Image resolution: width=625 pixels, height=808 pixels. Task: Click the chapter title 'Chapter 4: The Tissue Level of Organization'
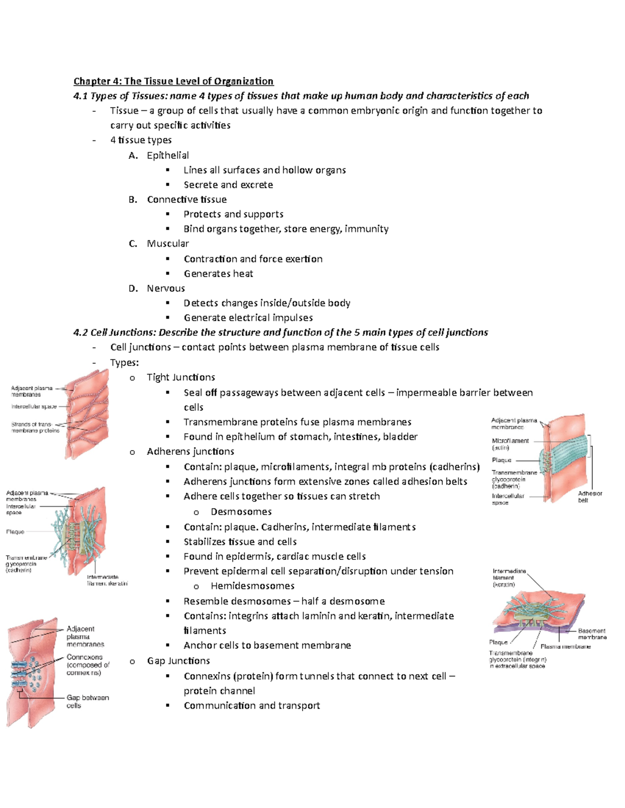coord(173,81)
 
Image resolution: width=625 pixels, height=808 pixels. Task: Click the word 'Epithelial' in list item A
coord(168,155)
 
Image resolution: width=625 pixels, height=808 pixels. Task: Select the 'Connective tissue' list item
coord(186,199)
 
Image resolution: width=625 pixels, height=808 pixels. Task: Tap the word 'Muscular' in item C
coord(168,243)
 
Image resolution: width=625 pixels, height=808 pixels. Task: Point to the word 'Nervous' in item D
coord(166,288)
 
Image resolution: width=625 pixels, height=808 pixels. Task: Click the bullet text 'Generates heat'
coord(218,274)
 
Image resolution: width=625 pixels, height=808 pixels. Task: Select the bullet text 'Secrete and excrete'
coord(228,185)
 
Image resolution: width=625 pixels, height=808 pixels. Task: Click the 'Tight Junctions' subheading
coord(181,377)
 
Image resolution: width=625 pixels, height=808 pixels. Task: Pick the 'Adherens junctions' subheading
coord(190,451)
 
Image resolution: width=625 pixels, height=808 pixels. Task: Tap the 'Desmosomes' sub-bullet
coord(241,511)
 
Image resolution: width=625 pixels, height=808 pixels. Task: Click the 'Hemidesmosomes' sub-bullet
coord(253,586)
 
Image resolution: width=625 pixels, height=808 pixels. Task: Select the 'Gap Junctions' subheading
coord(178,661)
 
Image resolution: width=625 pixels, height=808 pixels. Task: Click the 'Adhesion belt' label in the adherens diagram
coord(590,497)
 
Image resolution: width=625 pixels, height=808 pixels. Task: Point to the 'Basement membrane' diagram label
coord(592,634)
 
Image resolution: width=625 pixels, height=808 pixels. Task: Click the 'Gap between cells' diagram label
coord(87,701)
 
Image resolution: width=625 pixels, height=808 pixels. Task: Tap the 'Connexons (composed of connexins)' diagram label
coord(87,665)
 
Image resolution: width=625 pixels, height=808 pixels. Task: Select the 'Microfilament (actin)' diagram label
coord(510,444)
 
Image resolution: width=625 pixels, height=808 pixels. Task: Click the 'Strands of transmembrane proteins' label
coord(35,427)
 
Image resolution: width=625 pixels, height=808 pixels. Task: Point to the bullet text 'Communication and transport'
coord(252,706)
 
